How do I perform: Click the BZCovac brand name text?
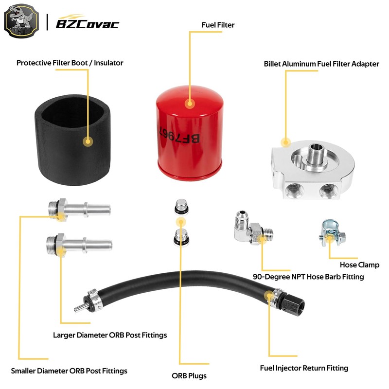pyautogui.click(x=88, y=23)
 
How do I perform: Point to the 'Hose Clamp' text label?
pyautogui.click(x=359, y=265)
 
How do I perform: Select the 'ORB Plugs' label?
pyautogui.click(x=189, y=376)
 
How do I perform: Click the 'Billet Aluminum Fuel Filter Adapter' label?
pyautogui.click(x=321, y=64)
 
